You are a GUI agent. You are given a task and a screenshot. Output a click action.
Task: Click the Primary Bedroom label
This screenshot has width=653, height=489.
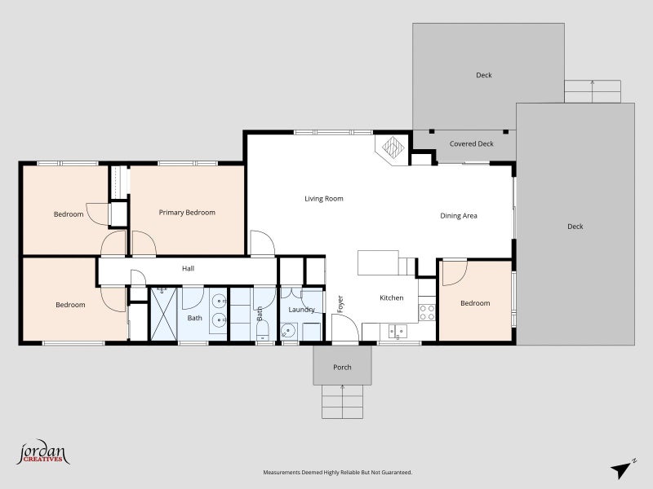click(187, 213)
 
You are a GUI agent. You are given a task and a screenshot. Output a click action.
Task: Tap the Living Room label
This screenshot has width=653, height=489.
click(324, 199)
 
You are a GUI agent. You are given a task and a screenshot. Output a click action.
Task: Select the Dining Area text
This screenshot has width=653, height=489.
click(459, 216)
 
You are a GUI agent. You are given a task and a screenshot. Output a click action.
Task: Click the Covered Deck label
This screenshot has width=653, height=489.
click(472, 144)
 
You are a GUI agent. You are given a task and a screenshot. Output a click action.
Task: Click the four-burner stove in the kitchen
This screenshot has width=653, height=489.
click(427, 312)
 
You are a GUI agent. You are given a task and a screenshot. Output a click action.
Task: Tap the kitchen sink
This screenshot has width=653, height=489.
click(397, 332)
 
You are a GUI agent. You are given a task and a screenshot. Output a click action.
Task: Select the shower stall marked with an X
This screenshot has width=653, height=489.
click(164, 314)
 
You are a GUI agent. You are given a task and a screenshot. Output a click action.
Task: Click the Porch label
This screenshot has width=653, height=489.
click(342, 368)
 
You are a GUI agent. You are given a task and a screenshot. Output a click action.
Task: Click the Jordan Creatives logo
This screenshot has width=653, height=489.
click(43, 452)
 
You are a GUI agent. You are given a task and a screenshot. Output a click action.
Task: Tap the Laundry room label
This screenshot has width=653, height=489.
click(301, 310)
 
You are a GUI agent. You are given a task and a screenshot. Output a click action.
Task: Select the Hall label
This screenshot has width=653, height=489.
click(189, 269)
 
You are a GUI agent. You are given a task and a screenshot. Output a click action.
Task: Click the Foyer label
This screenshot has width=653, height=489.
click(340, 304)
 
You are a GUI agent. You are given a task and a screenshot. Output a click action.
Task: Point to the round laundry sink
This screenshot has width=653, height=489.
click(288, 331)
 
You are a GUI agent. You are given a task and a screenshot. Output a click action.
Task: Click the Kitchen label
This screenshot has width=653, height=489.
click(392, 297)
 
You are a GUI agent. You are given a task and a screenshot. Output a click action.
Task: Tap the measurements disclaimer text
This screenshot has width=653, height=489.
click(338, 473)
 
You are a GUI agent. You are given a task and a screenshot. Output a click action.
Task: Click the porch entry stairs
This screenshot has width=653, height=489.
click(342, 402)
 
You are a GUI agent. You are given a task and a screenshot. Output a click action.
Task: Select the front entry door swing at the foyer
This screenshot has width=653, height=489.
click(345, 328)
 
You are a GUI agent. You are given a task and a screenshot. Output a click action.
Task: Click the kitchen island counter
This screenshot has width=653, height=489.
click(378, 262)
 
